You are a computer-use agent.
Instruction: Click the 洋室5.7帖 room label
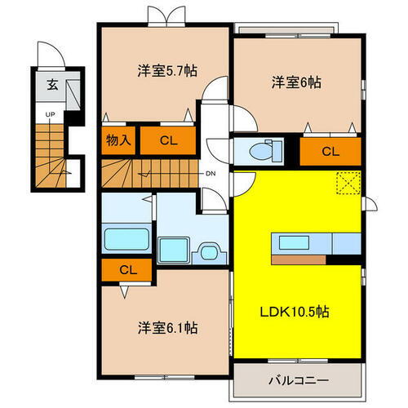[x=161, y=71]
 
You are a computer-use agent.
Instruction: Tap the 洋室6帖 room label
[x=295, y=82]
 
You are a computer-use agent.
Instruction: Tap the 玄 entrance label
[x=51, y=84]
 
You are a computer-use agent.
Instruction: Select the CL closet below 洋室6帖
[x=330, y=151]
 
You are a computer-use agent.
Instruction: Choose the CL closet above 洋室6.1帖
[x=127, y=268]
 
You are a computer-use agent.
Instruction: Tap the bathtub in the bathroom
[x=126, y=242]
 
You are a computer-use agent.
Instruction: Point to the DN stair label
[x=210, y=174]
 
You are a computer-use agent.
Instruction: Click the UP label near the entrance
[x=50, y=115]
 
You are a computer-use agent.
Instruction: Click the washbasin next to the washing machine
[x=207, y=247]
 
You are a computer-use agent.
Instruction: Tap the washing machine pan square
[x=173, y=247]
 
